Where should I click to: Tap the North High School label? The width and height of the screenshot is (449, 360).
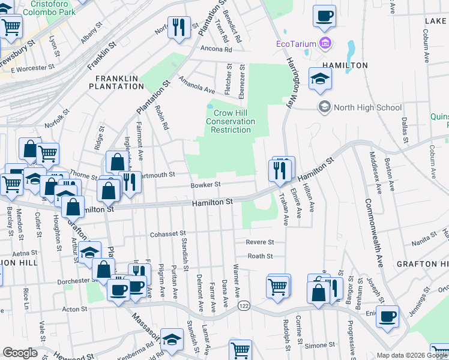[367, 107]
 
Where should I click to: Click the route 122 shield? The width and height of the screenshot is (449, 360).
[244, 306]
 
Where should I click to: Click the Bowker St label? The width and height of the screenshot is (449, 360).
[206, 185]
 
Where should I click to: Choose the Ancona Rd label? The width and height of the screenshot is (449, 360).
[215, 49]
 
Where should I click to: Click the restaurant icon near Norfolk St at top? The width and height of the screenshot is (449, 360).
[178, 27]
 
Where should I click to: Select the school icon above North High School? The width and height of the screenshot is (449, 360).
[320, 79]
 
